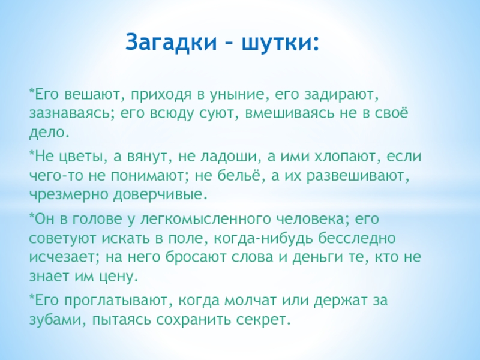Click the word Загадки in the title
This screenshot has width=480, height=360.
(171, 41)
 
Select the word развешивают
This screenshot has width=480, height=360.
(358, 176)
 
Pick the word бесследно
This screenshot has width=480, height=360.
(356, 238)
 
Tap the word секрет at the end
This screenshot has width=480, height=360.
(262, 320)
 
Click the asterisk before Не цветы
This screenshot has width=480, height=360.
(32, 153)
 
